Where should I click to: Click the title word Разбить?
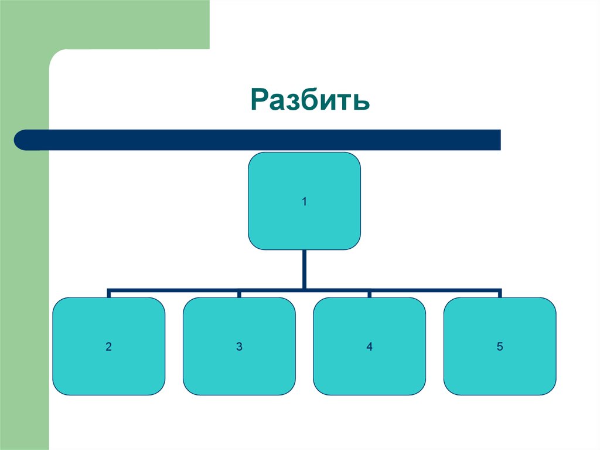pos(310,99)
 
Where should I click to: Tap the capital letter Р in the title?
pos(260,99)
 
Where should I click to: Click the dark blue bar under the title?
pos(257,140)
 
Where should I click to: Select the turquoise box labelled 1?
pos(304,201)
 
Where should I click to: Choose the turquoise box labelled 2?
pos(108,346)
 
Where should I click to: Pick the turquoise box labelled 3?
pos(239,346)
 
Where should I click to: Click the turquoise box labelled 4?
pos(369,346)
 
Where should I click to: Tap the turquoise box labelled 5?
pos(500,346)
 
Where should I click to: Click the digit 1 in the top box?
pos(304,202)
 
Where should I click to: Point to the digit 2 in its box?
pos(108,347)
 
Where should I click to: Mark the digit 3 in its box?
pos(239,347)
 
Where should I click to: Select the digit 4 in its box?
pos(369,347)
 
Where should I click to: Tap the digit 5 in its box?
pos(500,347)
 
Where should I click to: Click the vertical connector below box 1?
pos(304,269)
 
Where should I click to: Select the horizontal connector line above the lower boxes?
pos(304,290)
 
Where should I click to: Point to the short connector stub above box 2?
pos(108,293)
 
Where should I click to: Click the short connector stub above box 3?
pos(239,293)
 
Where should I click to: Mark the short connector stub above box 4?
pos(369,293)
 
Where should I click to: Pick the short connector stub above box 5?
pos(500,293)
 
